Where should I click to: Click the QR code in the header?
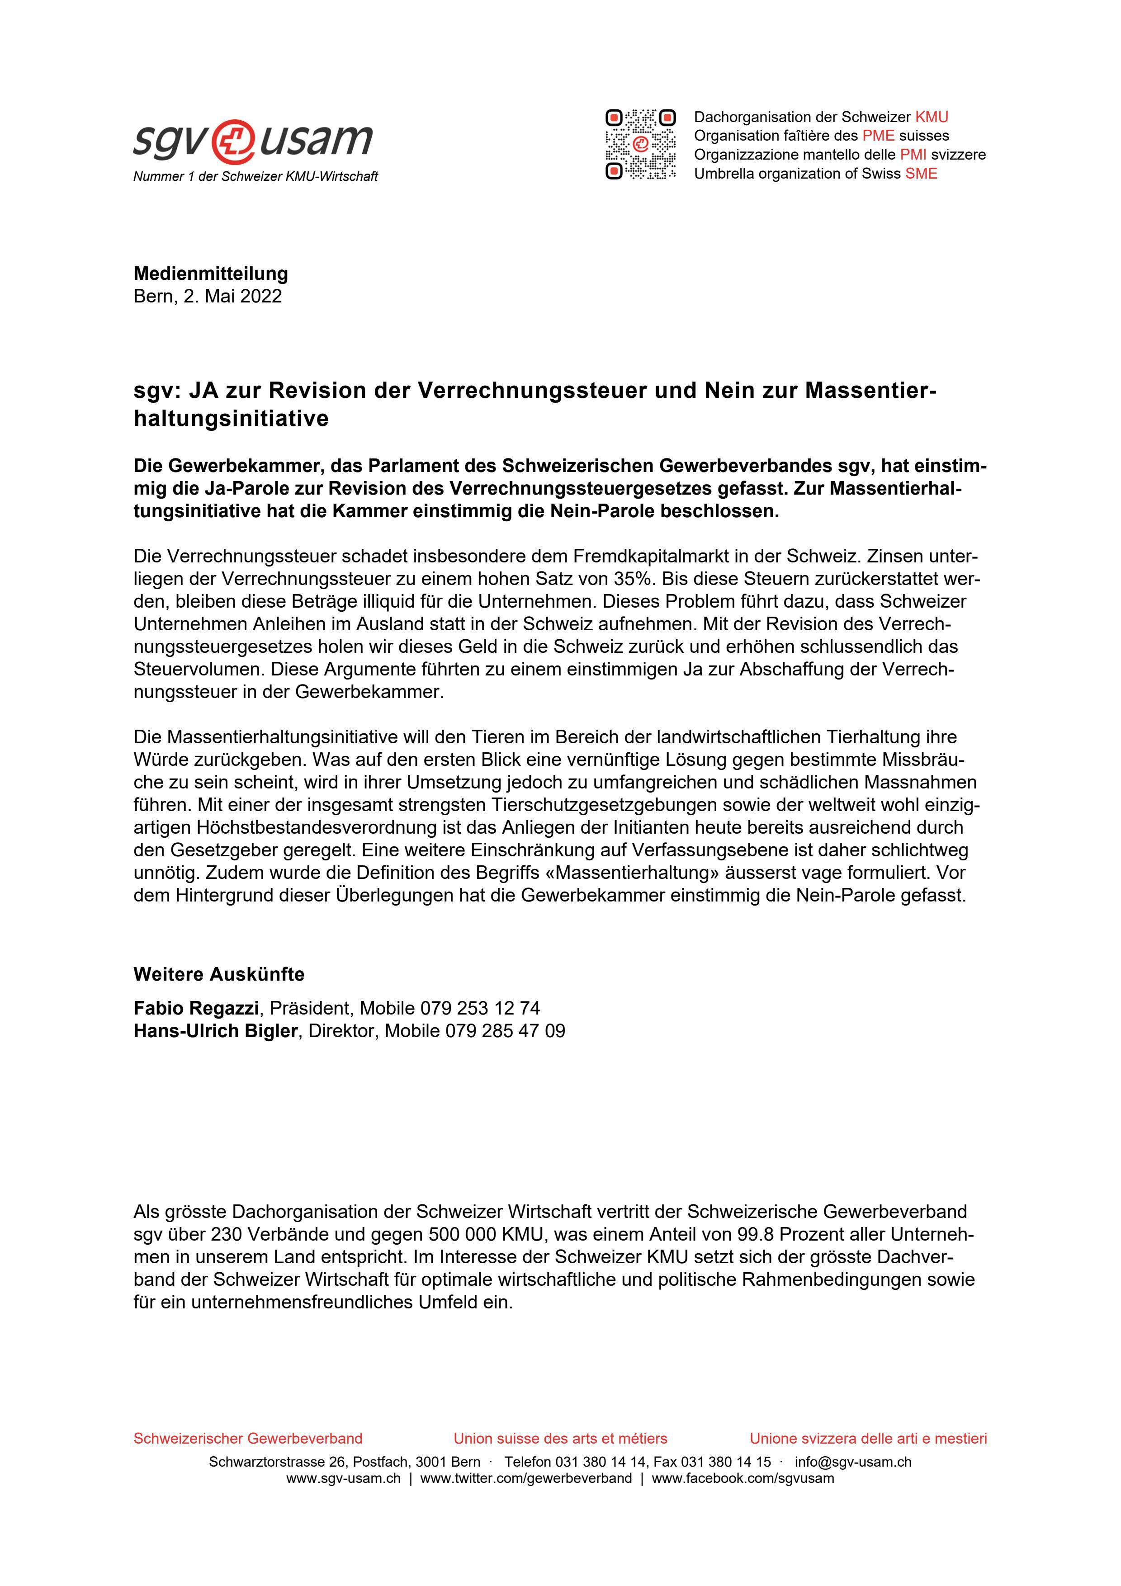[x=640, y=144]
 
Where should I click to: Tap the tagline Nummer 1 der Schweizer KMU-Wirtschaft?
[x=255, y=177]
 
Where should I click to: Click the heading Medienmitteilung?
[x=211, y=274]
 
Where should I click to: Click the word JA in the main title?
[x=204, y=391]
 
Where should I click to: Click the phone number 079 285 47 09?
[x=505, y=1031]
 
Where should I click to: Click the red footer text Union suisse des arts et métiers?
[x=560, y=1438]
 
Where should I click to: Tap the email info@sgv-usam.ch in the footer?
[x=852, y=1462]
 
